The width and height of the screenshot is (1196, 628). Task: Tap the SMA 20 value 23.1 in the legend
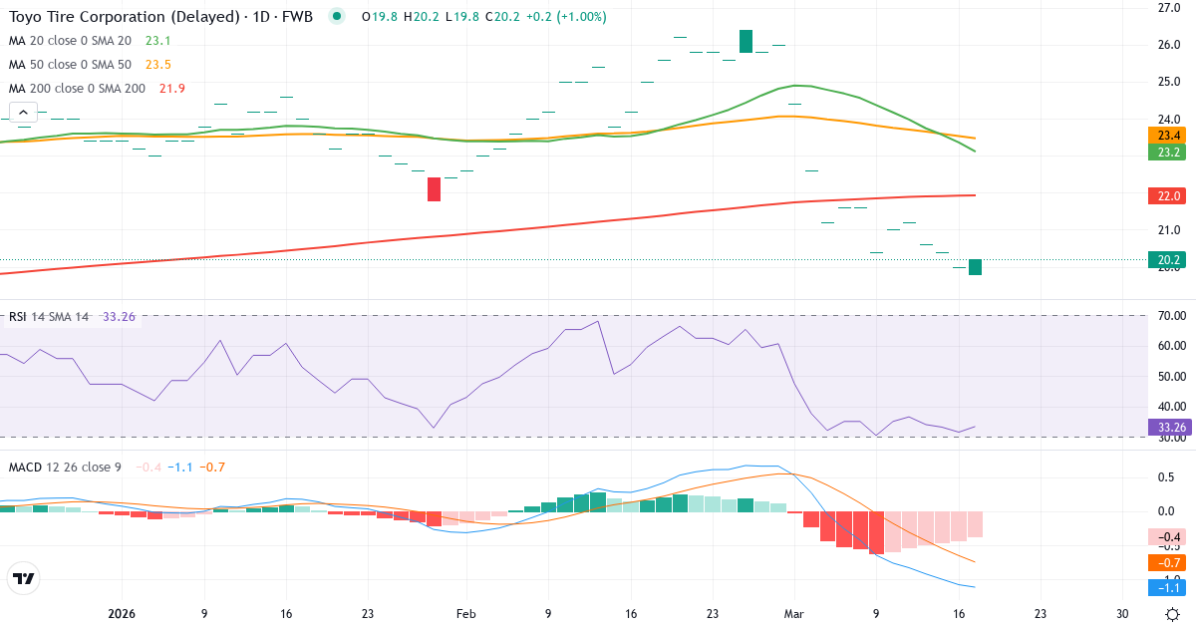pyautogui.click(x=157, y=41)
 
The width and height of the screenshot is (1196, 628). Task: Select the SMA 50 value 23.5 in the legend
pyautogui.click(x=157, y=65)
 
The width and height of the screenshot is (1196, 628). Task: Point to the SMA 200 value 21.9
pyautogui.click(x=171, y=89)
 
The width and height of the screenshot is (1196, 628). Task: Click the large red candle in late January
pyautogui.click(x=434, y=188)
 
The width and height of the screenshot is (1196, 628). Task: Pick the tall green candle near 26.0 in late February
pyautogui.click(x=746, y=41)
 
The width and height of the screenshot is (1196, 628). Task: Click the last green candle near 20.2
pyautogui.click(x=975, y=267)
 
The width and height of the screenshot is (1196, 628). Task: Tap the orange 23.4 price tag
pyautogui.click(x=1165, y=136)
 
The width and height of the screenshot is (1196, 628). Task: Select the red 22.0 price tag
pyautogui.click(x=1165, y=196)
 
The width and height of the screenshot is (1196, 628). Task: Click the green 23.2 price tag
pyautogui.click(x=1165, y=153)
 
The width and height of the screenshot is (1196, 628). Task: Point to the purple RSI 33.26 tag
pyautogui.click(x=1167, y=427)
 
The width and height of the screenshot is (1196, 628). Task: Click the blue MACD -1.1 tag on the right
pyautogui.click(x=1165, y=587)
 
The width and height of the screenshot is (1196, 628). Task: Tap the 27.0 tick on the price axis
pyautogui.click(x=1169, y=8)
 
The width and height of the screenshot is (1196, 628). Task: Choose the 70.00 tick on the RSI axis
pyautogui.click(x=1171, y=316)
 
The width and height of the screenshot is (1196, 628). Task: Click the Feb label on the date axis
pyautogui.click(x=465, y=613)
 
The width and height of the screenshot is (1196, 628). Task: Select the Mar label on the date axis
pyautogui.click(x=793, y=613)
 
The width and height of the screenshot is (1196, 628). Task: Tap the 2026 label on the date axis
pyautogui.click(x=122, y=613)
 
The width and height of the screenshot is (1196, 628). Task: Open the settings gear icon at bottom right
pyautogui.click(x=1172, y=613)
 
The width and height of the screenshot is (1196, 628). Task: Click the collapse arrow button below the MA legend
pyautogui.click(x=22, y=112)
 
